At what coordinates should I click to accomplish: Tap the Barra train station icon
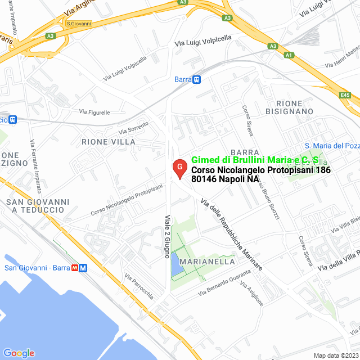pyautogui.click(x=196, y=79)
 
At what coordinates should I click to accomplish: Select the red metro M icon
pyautogui.click(x=83, y=268)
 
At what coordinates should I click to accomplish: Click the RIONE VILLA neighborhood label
pyautogui.click(x=109, y=142)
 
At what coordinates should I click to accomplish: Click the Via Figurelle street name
pyautogui.click(x=94, y=112)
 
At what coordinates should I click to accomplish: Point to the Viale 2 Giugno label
pyautogui.click(x=167, y=236)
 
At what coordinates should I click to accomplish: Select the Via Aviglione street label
pyautogui.click(x=251, y=293)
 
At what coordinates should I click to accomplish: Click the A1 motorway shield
pyautogui.click(x=289, y=55)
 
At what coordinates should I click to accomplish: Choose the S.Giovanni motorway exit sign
pyautogui.click(x=79, y=24)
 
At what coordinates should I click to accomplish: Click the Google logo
pyautogui.click(x=19, y=353)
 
